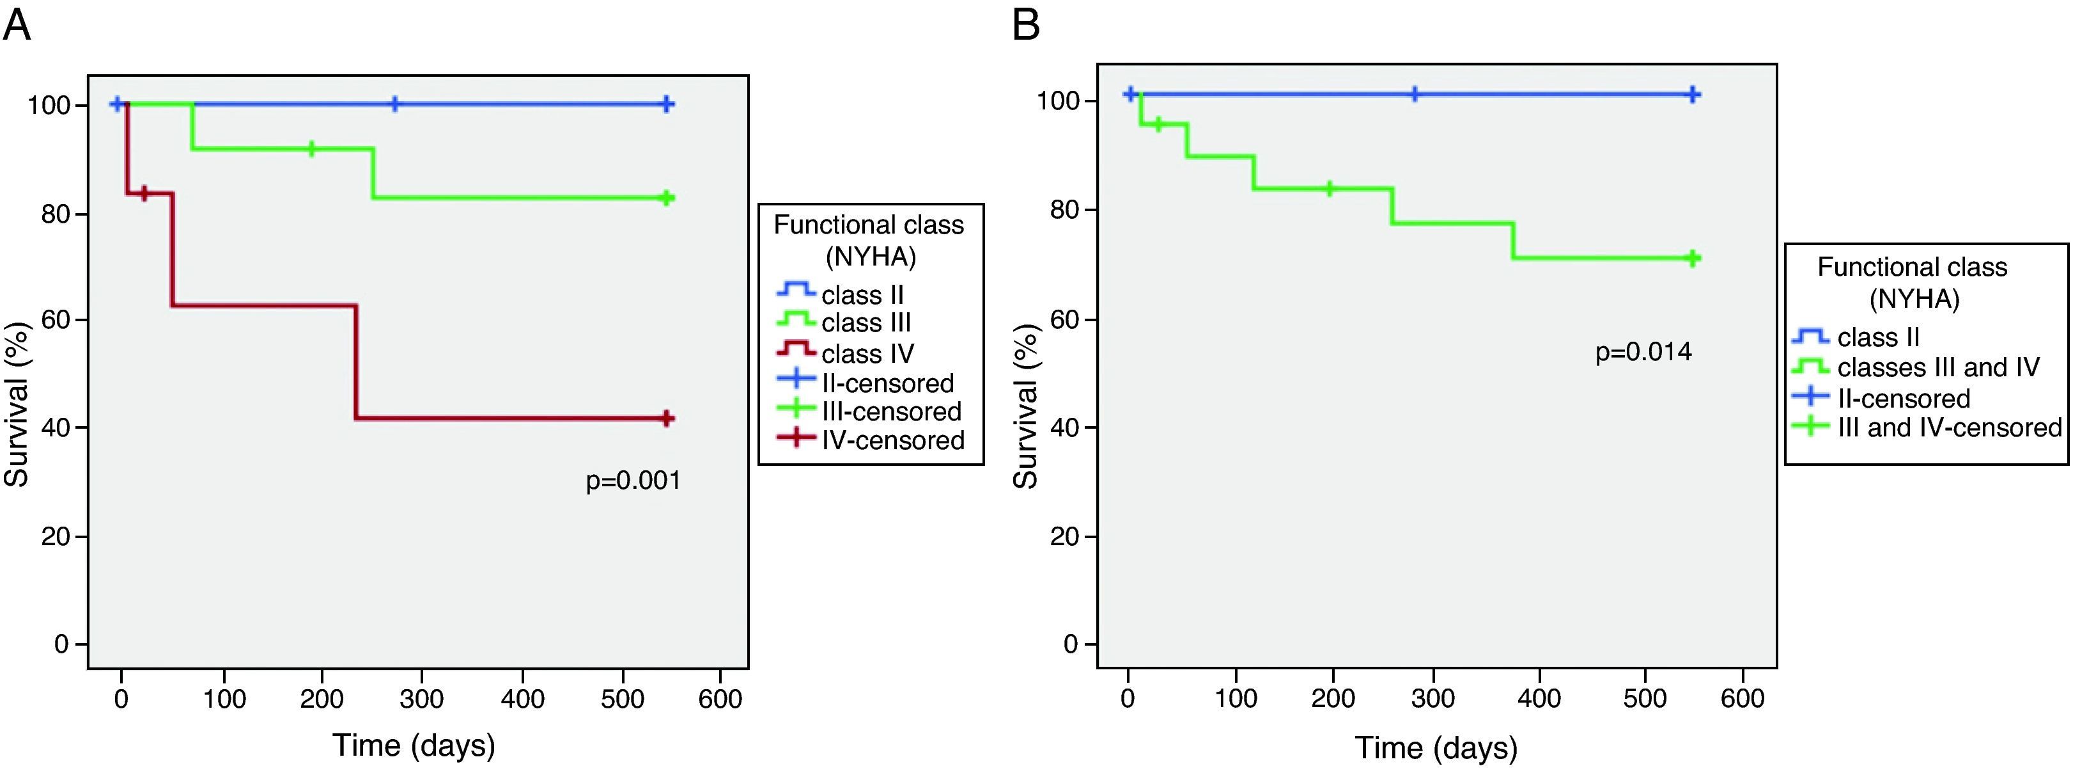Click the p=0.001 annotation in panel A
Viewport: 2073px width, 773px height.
coord(633,481)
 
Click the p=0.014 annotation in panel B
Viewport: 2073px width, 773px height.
coord(1643,352)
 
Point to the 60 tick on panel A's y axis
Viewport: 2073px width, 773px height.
coord(57,321)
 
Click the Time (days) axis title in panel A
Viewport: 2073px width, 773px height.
coord(414,745)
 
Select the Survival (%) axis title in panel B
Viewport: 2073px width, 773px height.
coord(1025,406)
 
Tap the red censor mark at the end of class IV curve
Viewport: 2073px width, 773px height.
coord(666,418)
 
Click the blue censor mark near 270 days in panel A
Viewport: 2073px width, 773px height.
coord(394,104)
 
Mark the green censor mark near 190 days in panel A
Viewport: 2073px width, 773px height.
coord(312,149)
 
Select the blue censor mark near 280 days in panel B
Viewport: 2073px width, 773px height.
coord(1414,94)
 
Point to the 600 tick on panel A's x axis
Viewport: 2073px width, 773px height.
coord(720,697)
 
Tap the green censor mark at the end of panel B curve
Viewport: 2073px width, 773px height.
coord(1693,258)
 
